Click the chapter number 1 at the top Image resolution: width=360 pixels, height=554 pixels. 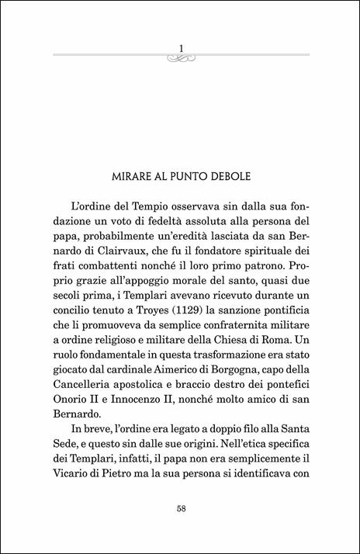[x=180, y=48]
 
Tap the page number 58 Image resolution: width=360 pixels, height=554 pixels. [x=180, y=509]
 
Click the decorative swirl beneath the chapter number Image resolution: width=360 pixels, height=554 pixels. [x=180, y=57]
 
